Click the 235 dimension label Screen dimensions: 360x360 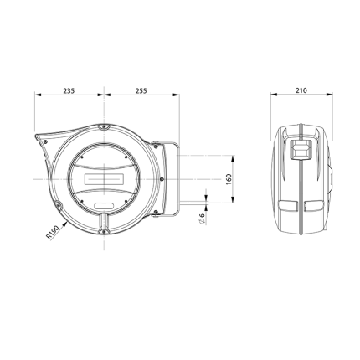(69, 90)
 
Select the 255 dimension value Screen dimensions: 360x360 (141, 90)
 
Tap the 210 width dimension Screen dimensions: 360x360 (301, 90)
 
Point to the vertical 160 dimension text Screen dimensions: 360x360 (229, 179)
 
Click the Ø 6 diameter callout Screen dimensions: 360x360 (202, 218)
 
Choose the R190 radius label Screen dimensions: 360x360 (53, 232)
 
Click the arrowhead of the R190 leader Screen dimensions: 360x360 (65, 223)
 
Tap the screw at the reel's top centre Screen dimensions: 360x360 (104, 127)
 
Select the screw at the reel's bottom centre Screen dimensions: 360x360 (104, 231)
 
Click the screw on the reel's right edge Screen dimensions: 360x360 (162, 179)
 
